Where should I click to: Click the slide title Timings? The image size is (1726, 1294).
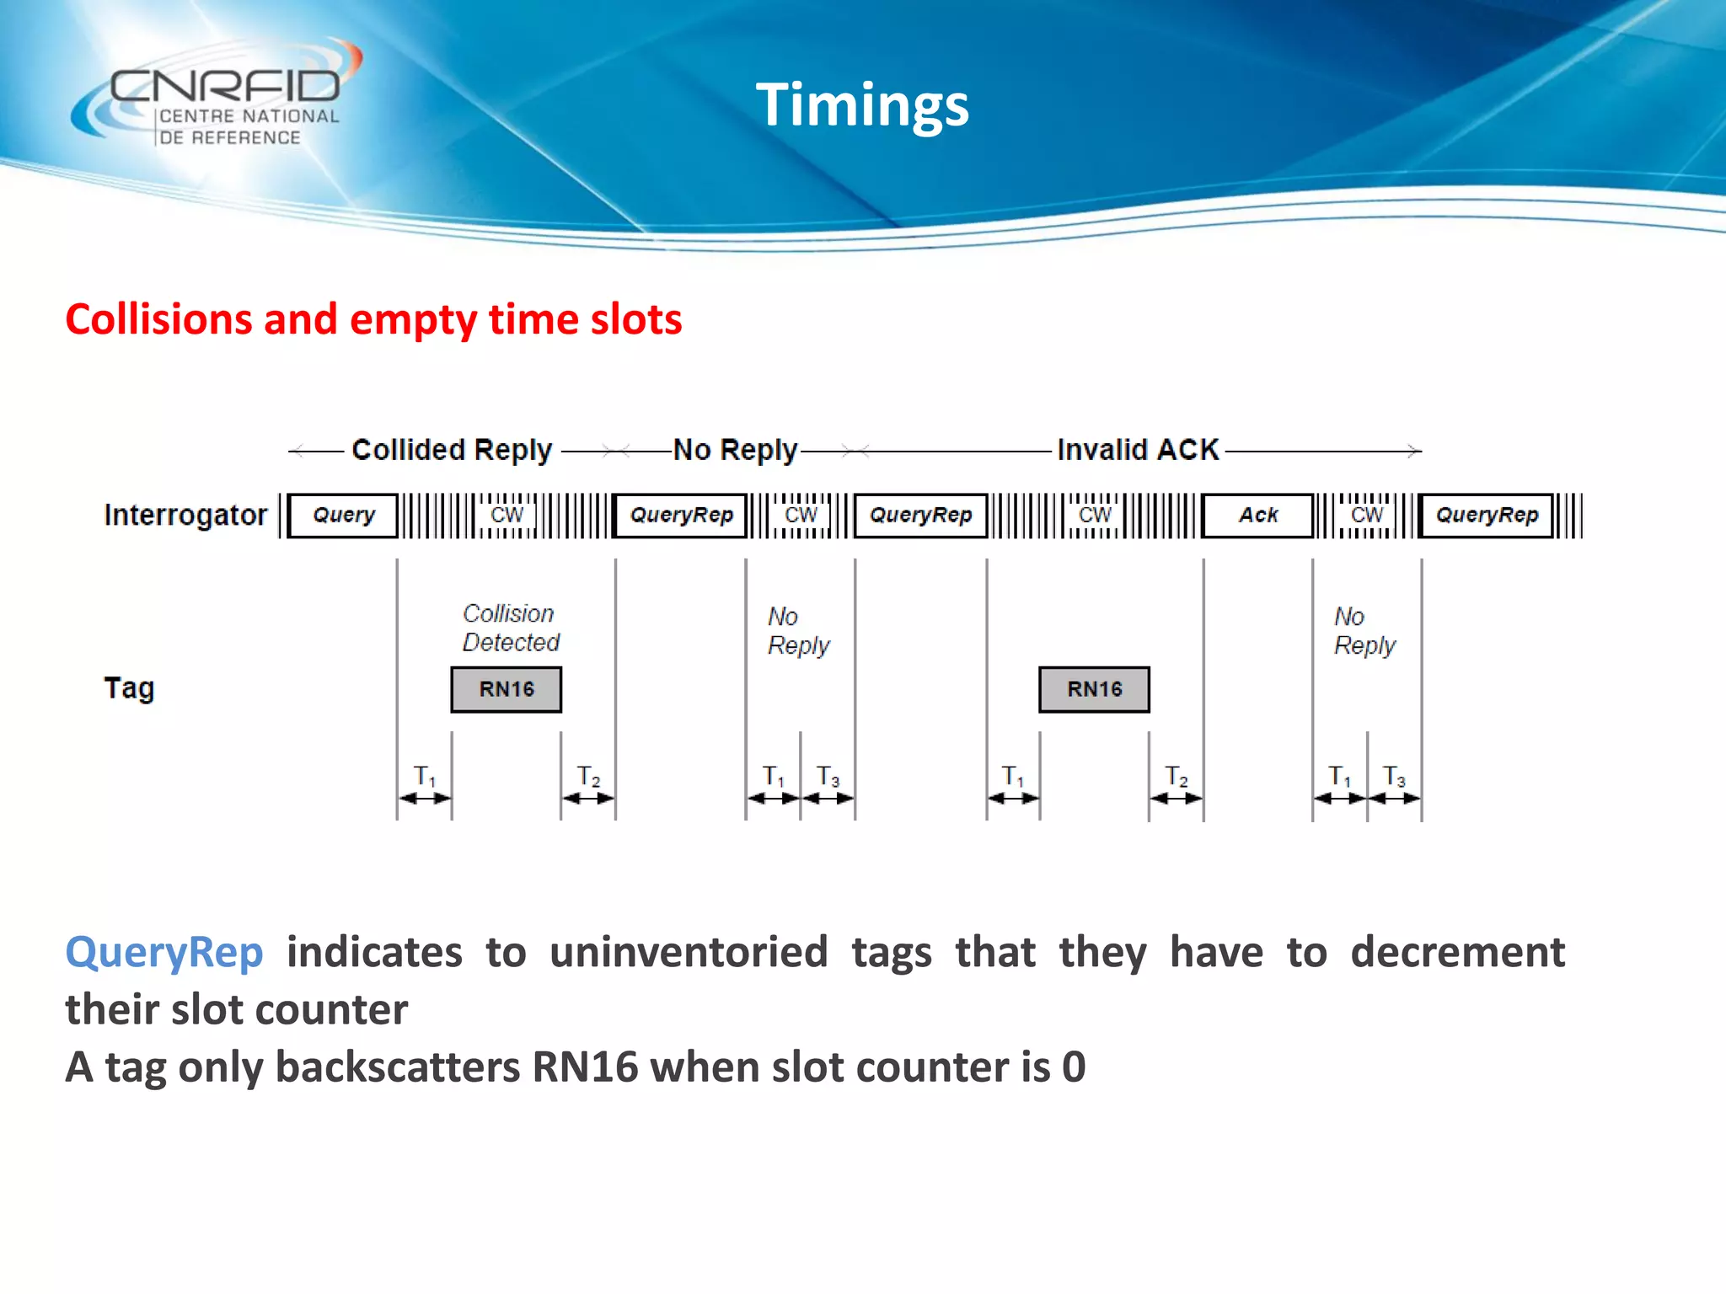tap(861, 105)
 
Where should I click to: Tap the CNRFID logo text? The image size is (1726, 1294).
tap(225, 87)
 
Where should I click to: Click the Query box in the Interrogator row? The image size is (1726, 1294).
tap(343, 515)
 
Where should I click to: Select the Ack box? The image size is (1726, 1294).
tap(1257, 515)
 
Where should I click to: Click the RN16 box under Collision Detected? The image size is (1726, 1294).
tap(507, 689)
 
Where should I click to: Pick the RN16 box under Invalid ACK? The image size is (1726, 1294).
tap(1094, 689)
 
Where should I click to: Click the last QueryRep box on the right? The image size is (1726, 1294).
tap(1487, 515)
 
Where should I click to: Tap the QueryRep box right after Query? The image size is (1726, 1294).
tap(681, 515)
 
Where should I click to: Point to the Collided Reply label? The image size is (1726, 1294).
tap(452, 450)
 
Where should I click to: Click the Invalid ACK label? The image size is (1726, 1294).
tap(1138, 450)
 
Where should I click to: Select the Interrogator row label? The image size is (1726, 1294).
tap(185, 515)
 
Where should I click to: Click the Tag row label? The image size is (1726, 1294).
tap(129, 688)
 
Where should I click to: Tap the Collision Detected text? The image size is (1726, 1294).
tap(510, 628)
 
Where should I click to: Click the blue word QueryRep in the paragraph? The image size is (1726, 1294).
tap(164, 953)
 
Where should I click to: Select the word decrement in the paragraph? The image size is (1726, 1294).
tap(1457, 953)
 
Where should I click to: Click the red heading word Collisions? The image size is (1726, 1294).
tap(159, 319)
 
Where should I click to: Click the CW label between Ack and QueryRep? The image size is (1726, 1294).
tap(1366, 515)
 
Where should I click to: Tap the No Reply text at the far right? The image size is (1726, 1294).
tap(1364, 631)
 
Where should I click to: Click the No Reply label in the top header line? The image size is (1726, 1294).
tap(735, 450)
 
